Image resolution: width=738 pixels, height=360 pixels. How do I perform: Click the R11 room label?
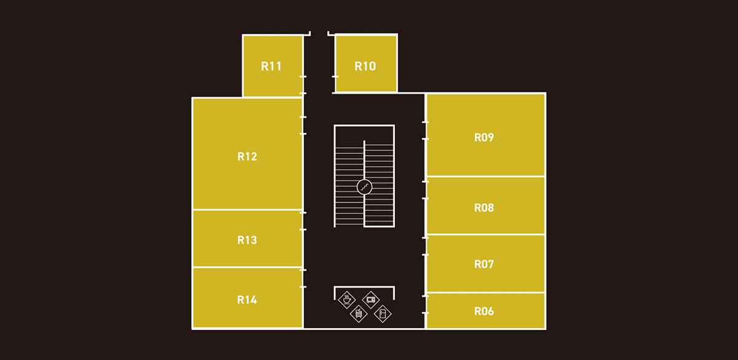271,66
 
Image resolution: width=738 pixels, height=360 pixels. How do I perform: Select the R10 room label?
365,66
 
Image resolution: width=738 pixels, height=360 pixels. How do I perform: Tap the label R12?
247,156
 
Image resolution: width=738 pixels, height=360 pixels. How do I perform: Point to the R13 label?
247,240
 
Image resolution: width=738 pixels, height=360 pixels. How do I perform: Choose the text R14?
247,300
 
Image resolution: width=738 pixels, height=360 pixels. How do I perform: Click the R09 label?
484,138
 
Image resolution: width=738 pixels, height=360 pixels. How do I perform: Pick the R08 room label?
484,208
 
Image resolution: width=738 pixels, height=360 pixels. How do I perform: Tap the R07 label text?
484,265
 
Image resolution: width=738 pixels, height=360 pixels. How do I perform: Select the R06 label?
484,311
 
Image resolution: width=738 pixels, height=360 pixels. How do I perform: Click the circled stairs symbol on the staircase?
365,186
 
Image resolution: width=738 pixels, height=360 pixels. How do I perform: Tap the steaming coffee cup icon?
347,300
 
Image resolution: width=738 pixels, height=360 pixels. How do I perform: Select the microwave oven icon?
371,300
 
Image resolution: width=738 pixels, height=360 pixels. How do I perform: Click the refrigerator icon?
383,314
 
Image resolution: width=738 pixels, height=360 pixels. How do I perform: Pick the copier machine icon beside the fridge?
359,314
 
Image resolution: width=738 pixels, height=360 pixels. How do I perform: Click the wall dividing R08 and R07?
486,234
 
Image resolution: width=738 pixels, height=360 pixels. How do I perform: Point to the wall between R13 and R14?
247,267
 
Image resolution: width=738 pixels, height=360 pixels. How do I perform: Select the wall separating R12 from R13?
247,210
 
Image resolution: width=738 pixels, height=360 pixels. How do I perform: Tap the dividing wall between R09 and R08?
486,177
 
